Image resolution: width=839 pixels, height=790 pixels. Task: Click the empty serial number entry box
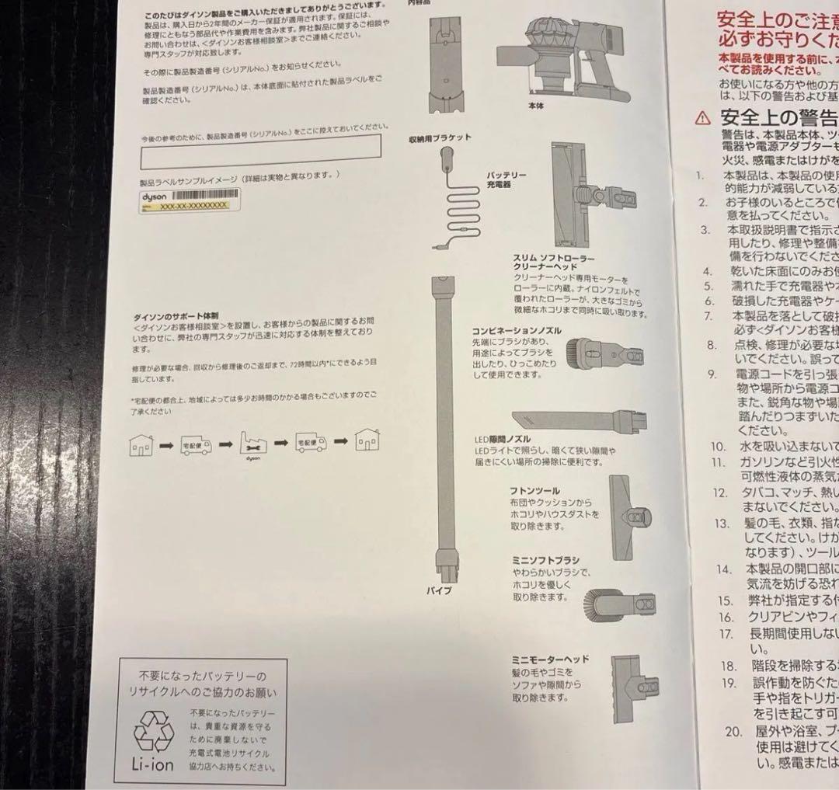(260, 152)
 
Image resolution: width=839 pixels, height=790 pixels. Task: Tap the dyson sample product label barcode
(200, 197)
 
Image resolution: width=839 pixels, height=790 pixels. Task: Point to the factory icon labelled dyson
(253, 444)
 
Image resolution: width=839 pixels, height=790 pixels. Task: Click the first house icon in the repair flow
(141, 444)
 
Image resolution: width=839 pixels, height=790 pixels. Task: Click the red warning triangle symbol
(703, 117)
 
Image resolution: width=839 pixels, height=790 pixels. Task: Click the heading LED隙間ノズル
(502, 440)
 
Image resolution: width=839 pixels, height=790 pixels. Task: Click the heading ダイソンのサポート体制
(176, 318)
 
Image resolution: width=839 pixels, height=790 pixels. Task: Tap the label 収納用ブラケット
(440, 138)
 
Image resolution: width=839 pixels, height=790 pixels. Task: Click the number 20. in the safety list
(733, 731)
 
